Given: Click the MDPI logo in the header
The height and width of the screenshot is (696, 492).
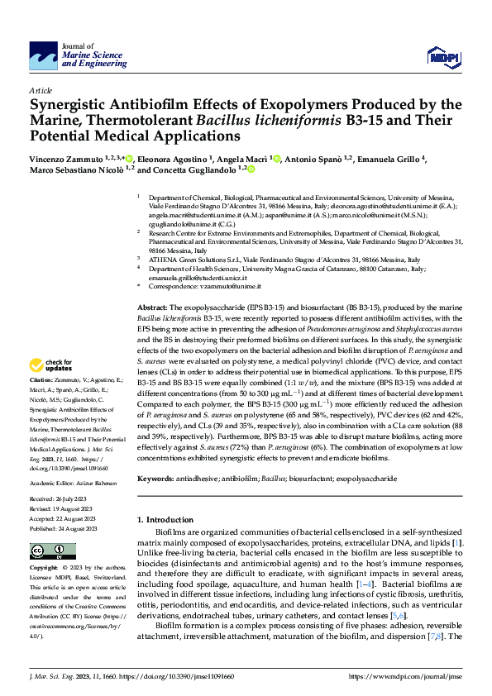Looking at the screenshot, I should click(x=440, y=55).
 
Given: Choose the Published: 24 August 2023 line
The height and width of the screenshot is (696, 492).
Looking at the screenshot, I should click(x=63, y=527).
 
